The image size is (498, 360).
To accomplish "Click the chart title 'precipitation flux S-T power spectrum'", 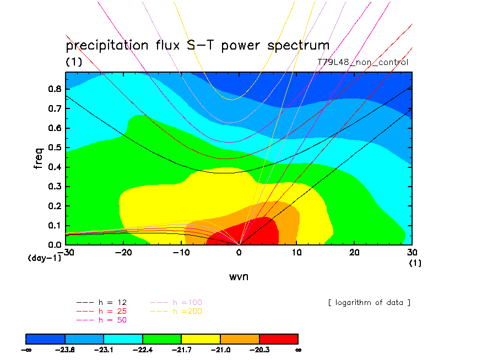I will coord(197,46).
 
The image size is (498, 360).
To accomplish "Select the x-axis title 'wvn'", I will coord(239,276).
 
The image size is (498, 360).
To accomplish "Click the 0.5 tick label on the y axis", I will coord(55,147).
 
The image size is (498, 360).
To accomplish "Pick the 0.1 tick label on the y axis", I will coord(55,225).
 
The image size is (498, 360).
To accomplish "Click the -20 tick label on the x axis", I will coord(123,252).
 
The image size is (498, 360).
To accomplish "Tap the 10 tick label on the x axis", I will coord(296,252).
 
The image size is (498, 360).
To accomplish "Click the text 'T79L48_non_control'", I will coord(363,62).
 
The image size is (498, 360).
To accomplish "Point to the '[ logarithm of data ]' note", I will coord(369,303).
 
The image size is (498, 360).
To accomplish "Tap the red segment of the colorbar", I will coord(278,338).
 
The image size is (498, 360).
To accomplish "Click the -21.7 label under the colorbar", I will coord(182,349).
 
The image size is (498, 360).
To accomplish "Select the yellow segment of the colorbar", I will coord(201,338).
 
